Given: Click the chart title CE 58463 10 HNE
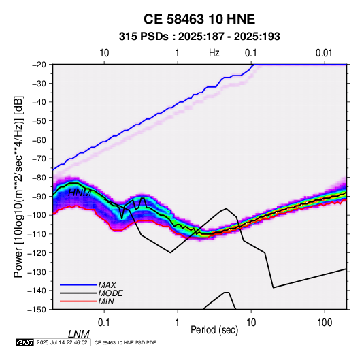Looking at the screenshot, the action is [x=199, y=19].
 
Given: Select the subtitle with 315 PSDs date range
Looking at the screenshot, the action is [x=199, y=37].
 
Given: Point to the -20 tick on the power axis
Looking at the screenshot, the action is [x=39, y=65].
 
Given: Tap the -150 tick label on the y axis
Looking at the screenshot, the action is [x=37, y=310].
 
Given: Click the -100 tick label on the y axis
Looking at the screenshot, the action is [x=37, y=215].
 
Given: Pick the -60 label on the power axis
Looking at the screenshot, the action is [x=39, y=140].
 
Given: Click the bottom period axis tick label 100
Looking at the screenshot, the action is [x=324, y=323].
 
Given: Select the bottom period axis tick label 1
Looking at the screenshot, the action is [x=178, y=323].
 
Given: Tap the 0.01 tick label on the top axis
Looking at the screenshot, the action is [x=324, y=53].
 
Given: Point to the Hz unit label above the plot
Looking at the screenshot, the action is [x=214, y=53].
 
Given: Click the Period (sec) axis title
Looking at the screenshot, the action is [x=214, y=330].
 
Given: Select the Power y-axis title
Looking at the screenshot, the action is [x=18, y=186].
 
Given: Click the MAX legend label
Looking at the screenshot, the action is [x=107, y=285].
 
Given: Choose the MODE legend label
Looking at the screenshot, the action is [x=110, y=293].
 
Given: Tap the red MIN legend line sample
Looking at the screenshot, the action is [x=78, y=301].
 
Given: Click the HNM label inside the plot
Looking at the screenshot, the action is [x=80, y=193].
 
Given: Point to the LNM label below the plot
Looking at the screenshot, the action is [x=79, y=334].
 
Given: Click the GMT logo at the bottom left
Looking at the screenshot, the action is [x=25, y=342].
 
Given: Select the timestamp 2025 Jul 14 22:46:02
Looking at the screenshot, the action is [x=62, y=342].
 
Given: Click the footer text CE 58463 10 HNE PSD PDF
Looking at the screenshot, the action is [x=125, y=342].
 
